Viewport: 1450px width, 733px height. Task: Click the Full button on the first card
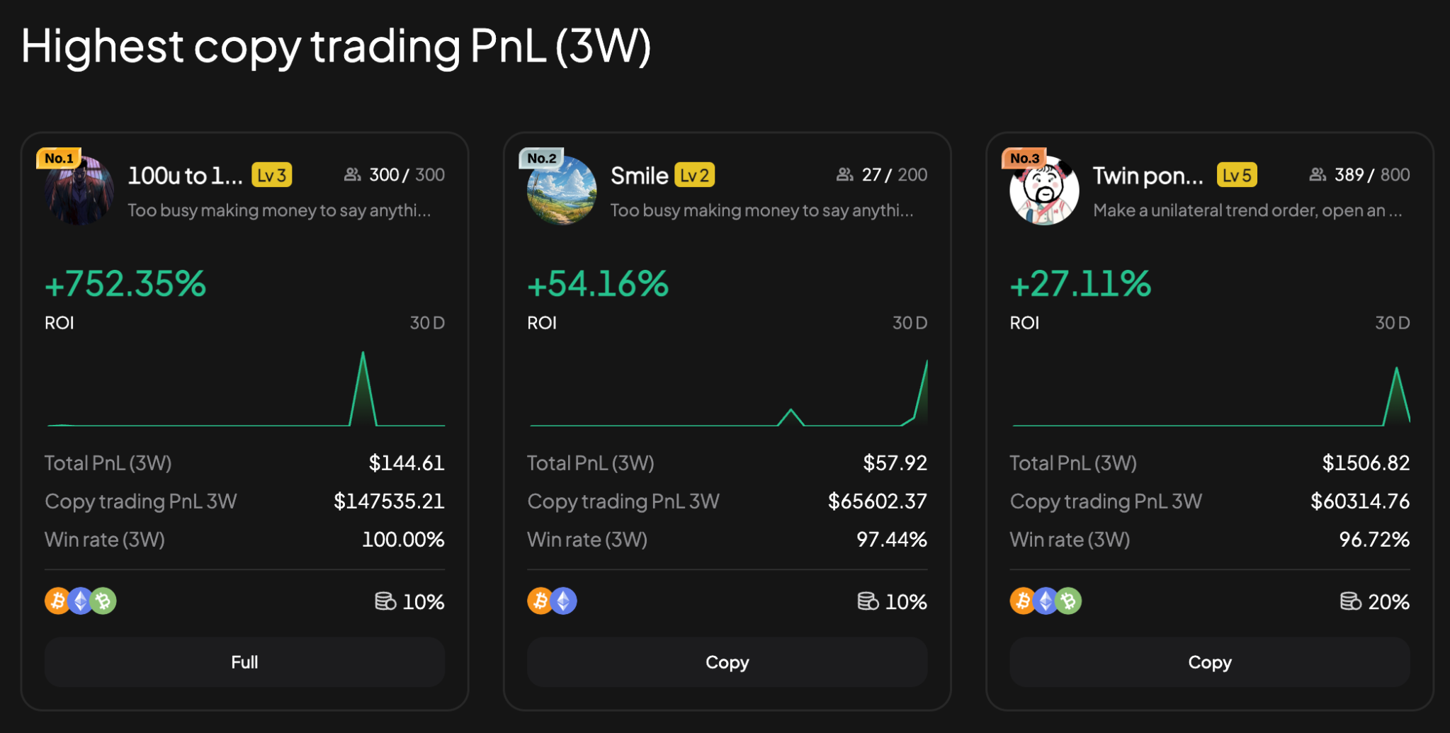coord(244,662)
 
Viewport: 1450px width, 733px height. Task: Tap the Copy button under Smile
coord(727,662)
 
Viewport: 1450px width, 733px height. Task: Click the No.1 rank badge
coord(59,158)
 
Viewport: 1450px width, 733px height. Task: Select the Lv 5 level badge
coord(1237,175)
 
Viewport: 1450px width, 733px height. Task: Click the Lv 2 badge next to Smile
coord(694,175)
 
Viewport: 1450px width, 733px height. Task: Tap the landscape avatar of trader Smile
coord(562,191)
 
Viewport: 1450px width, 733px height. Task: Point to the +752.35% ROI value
coord(125,284)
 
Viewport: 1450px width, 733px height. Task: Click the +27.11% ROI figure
coord(1080,284)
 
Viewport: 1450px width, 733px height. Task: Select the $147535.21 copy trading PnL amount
coord(389,501)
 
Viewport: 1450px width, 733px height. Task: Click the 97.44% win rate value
coord(891,540)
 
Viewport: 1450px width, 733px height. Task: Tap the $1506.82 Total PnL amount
coord(1366,463)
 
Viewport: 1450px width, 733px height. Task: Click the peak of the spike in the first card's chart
coord(363,354)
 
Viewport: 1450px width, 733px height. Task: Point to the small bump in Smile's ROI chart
coord(791,411)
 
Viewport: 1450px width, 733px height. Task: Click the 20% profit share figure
coord(1388,602)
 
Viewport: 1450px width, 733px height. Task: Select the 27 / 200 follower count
coord(894,175)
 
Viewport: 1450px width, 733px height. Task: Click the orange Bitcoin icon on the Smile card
coord(540,601)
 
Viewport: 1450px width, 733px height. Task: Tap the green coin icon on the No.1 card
coord(103,601)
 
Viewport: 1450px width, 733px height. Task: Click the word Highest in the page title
coord(102,47)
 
